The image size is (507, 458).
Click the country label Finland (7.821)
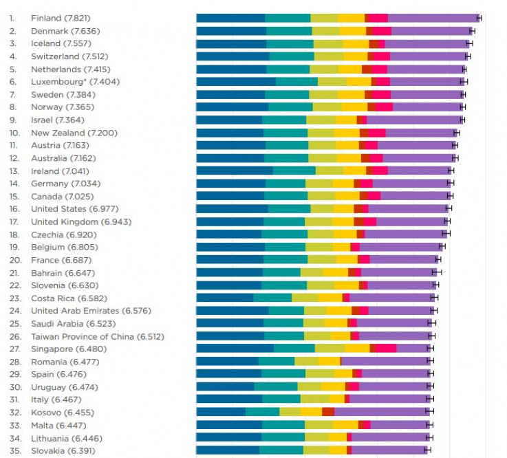tap(61, 18)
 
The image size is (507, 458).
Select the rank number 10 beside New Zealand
tap(14, 133)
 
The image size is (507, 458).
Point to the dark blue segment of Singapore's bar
tap(235, 349)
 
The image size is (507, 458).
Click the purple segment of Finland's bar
tap(433, 18)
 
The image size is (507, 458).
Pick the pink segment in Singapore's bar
tap(386, 349)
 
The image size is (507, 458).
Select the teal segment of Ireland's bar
tap(294, 171)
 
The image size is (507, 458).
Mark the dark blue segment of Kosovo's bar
tap(221, 413)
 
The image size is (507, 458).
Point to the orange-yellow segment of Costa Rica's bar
tap(330, 298)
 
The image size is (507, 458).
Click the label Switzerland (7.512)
tap(69, 56)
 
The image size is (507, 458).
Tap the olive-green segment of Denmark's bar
tap(325, 31)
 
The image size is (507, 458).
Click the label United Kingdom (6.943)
tap(81, 221)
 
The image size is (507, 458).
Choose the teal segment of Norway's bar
tap(290, 107)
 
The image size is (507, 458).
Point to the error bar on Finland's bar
tap(479, 18)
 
